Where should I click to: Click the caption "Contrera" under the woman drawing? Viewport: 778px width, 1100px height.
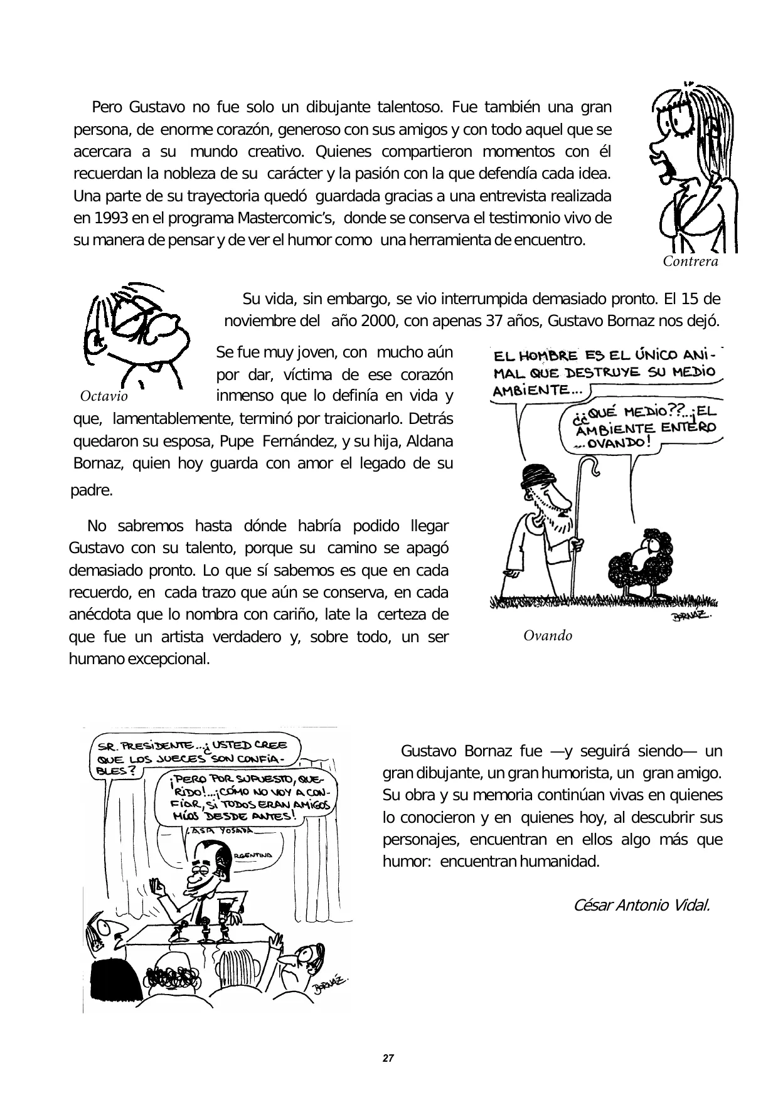[x=690, y=262]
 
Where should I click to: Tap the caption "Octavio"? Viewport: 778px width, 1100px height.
[x=104, y=396]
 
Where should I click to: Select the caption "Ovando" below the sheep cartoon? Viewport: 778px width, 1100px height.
[x=548, y=636]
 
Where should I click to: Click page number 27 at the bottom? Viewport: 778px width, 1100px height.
[x=388, y=1059]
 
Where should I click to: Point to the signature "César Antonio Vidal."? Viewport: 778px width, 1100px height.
[x=642, y=905]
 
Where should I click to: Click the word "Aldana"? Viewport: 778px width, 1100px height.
[x=430, y=442]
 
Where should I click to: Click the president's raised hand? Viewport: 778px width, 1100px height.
[x=156, y=889]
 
